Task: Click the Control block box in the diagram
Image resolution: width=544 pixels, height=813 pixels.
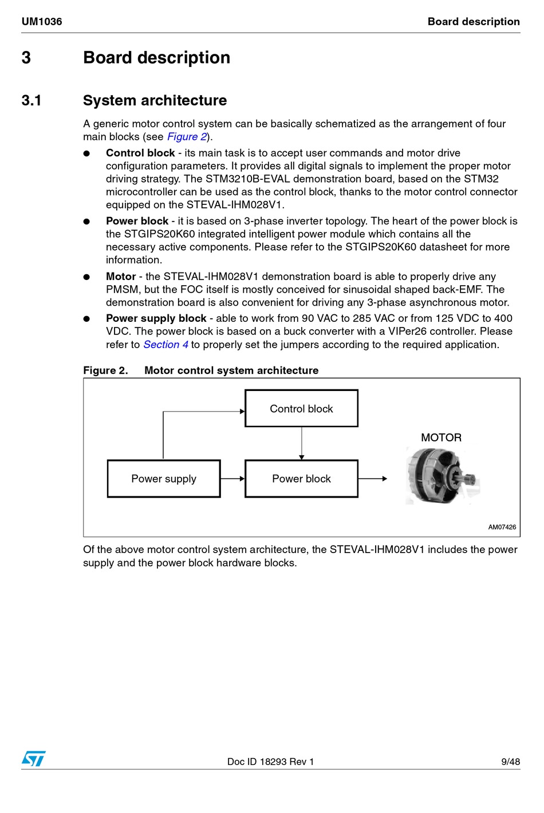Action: tap(301, 408)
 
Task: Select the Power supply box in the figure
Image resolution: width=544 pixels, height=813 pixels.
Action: tap(164, 479)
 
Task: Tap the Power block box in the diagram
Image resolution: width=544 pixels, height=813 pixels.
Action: tap(301, 479)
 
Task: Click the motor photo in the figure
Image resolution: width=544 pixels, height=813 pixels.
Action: tap(441, 476)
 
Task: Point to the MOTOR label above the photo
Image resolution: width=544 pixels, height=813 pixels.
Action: tap(441, 437)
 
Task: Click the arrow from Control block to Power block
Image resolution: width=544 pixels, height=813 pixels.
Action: tap(302, 443)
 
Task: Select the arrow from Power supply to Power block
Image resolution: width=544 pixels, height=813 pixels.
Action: tap(232, 479)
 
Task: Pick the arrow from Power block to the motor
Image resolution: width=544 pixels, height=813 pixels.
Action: tap(373, 479)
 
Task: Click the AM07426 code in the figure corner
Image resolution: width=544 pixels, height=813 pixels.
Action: tap(502, 527)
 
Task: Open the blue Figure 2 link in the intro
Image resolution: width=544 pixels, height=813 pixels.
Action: tap(187, 137)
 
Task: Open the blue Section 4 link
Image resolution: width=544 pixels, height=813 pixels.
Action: tap(165, 345)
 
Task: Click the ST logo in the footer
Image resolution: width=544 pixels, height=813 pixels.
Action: tap(34, 759)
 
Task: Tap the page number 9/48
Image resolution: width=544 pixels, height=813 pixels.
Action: tap(510, 761)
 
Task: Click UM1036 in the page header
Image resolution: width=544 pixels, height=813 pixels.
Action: tap(42, 22)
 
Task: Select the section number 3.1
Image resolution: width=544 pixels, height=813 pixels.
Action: tap(31, 101)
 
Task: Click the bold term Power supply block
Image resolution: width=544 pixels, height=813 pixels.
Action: tap(156, 318)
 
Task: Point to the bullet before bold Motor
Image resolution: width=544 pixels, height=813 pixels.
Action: tap(86, 277)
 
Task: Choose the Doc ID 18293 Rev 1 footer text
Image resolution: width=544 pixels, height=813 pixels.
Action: tap(270, 761)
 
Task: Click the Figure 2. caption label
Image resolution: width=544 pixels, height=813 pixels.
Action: tap(105, 370)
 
